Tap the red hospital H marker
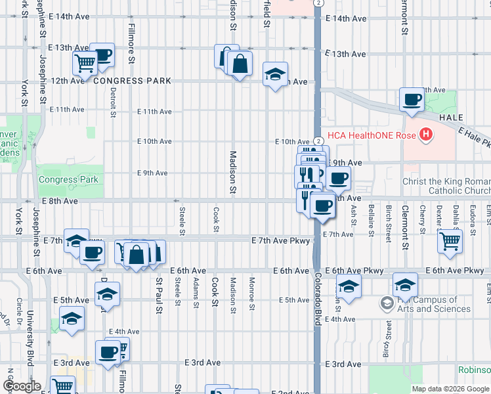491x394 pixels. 426,135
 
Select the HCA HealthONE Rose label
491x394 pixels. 374,135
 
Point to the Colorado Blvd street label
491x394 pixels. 317,301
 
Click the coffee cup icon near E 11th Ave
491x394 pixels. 412,100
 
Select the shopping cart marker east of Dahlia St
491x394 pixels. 450,240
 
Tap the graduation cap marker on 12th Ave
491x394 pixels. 275,74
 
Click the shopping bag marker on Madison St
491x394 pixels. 240,64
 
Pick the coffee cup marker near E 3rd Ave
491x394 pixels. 107,351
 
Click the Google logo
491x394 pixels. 22,386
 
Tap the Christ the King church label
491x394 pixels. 446,186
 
